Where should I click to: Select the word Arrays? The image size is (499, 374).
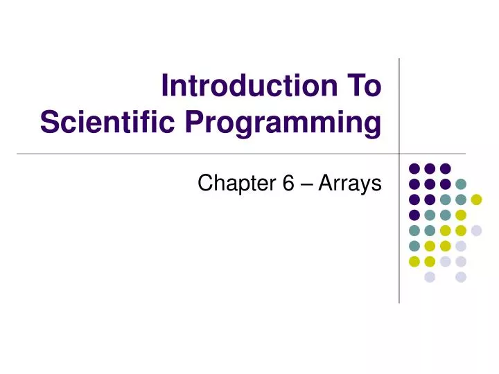coord(354,184)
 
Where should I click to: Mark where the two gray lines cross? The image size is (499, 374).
coord(400,152)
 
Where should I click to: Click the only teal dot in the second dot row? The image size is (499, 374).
coord(462,184)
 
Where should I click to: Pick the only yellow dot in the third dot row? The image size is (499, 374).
coord(477,199)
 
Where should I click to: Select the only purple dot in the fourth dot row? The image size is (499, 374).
coord(414,215)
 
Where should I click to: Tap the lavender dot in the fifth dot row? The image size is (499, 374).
coord(477,231)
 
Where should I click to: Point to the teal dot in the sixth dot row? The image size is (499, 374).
coord(414,246)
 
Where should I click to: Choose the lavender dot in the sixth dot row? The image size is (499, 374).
coord(462,246)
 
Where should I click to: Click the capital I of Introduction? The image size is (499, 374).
coord(165,87)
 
